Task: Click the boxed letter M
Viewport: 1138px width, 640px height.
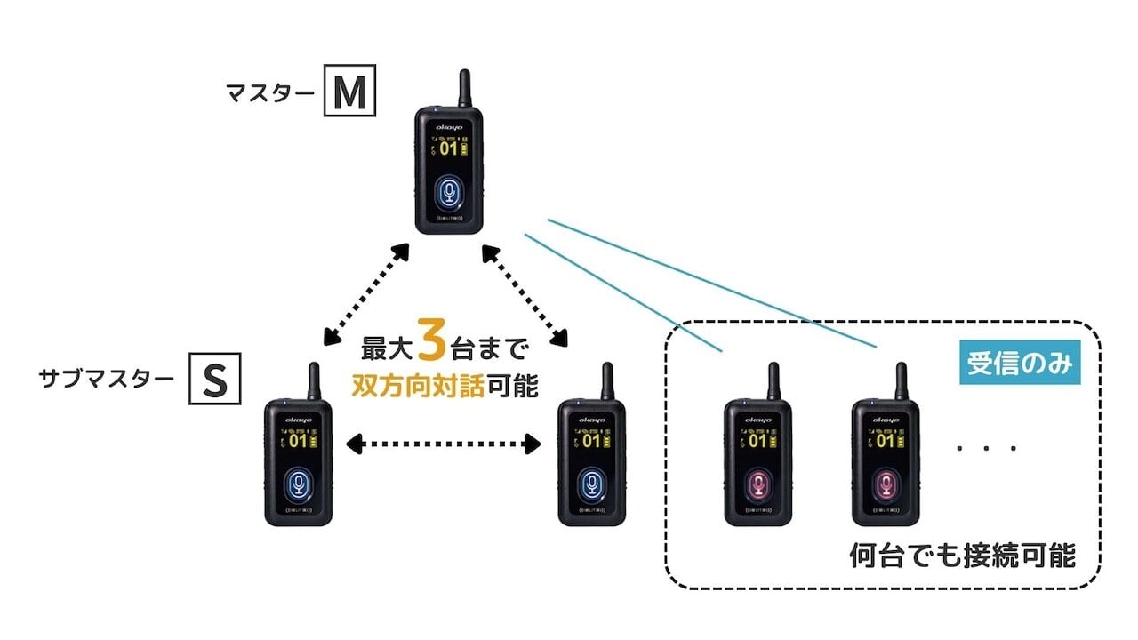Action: [349, 92]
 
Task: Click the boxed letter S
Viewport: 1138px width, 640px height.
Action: [214, 380]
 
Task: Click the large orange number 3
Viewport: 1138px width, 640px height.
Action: [431, 343]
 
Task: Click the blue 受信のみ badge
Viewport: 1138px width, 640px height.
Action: [1020, 364]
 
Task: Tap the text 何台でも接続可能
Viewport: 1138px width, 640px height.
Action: [963, 556]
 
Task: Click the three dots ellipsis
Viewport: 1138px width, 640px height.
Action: [986, 448]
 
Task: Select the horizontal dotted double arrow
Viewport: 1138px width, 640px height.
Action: [444, 442]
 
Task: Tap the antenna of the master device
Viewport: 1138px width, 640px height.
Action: [464, 88]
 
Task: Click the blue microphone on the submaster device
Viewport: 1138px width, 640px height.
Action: [300, 484]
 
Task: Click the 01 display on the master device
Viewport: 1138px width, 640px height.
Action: [450, 148]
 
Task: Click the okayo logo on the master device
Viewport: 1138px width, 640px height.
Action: [450, 126]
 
